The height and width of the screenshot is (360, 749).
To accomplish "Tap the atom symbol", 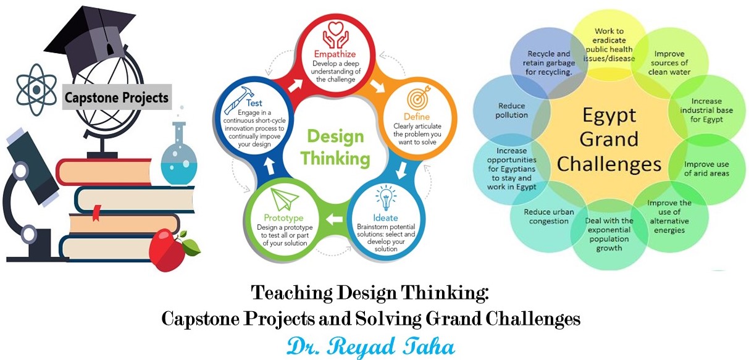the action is click(37, 90).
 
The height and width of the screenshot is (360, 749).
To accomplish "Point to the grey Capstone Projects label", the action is click(117, 98).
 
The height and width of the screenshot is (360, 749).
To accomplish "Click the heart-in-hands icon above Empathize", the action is click(336, 35).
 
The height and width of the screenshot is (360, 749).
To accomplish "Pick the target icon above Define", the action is click(418, 98).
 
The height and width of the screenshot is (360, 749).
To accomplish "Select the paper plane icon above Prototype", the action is click(284, 199).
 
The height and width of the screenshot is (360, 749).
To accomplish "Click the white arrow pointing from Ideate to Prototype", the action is click(335, 220).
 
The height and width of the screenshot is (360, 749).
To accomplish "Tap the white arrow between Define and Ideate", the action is click(401, 170).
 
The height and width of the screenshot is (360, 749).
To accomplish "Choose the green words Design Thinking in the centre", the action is click(335, 148).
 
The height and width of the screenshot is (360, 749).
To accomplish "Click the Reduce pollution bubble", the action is click(512, 111).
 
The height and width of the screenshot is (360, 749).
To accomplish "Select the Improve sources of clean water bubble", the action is click(669, 63).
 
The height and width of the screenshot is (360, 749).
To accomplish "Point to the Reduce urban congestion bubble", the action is click(549, 217).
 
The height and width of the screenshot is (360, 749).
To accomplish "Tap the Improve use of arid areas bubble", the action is click(706, 169).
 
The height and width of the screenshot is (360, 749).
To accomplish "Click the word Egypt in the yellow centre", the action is click(609, 116).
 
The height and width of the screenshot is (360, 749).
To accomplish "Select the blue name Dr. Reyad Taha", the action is click(370, 346).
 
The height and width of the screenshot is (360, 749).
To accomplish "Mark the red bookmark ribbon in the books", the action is click(96, 213).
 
